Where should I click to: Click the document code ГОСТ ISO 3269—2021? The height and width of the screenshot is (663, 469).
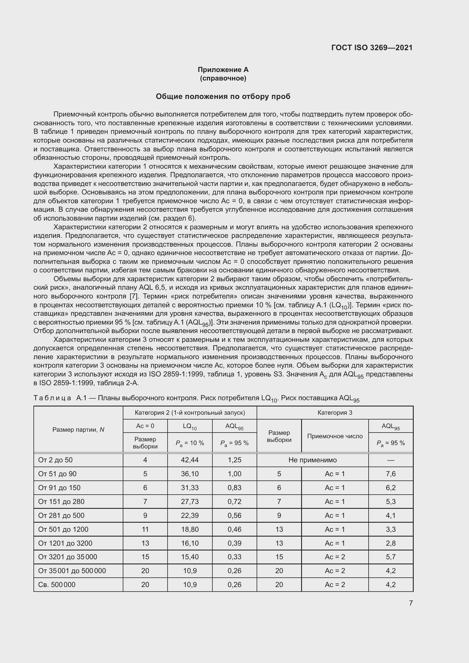click(372, 48)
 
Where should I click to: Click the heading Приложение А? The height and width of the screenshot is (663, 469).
click(223, 70)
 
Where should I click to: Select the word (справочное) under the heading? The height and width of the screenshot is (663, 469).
click(223, 78)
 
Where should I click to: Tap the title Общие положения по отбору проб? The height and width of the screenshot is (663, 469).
click(223, 96)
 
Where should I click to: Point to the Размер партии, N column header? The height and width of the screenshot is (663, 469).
click(78, 430)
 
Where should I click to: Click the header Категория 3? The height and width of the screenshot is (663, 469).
click(335, 413)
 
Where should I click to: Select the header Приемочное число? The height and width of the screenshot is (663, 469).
click(335, 436)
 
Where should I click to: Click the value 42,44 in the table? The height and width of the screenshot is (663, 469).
click(190, 460)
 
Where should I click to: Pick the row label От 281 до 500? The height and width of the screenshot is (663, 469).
click(61, 515)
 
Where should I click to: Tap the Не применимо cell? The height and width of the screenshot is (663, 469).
click(312, 460)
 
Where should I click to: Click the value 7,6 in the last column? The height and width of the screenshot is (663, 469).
click(390, 474)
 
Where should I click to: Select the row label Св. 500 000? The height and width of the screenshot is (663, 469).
click(57, 585)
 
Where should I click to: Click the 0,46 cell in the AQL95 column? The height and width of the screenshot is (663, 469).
click(234, 529)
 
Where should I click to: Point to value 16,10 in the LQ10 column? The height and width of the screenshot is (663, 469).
click(190, 543)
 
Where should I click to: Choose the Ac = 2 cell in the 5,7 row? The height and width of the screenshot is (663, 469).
click(335, 557)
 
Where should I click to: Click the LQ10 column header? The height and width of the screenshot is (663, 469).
click(190, 426)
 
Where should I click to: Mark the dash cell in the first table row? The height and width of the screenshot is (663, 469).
click(390, 460)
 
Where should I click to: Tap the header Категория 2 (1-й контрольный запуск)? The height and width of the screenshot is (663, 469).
click(190, 413)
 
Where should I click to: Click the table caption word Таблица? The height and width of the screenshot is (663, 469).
click(52, 398)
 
